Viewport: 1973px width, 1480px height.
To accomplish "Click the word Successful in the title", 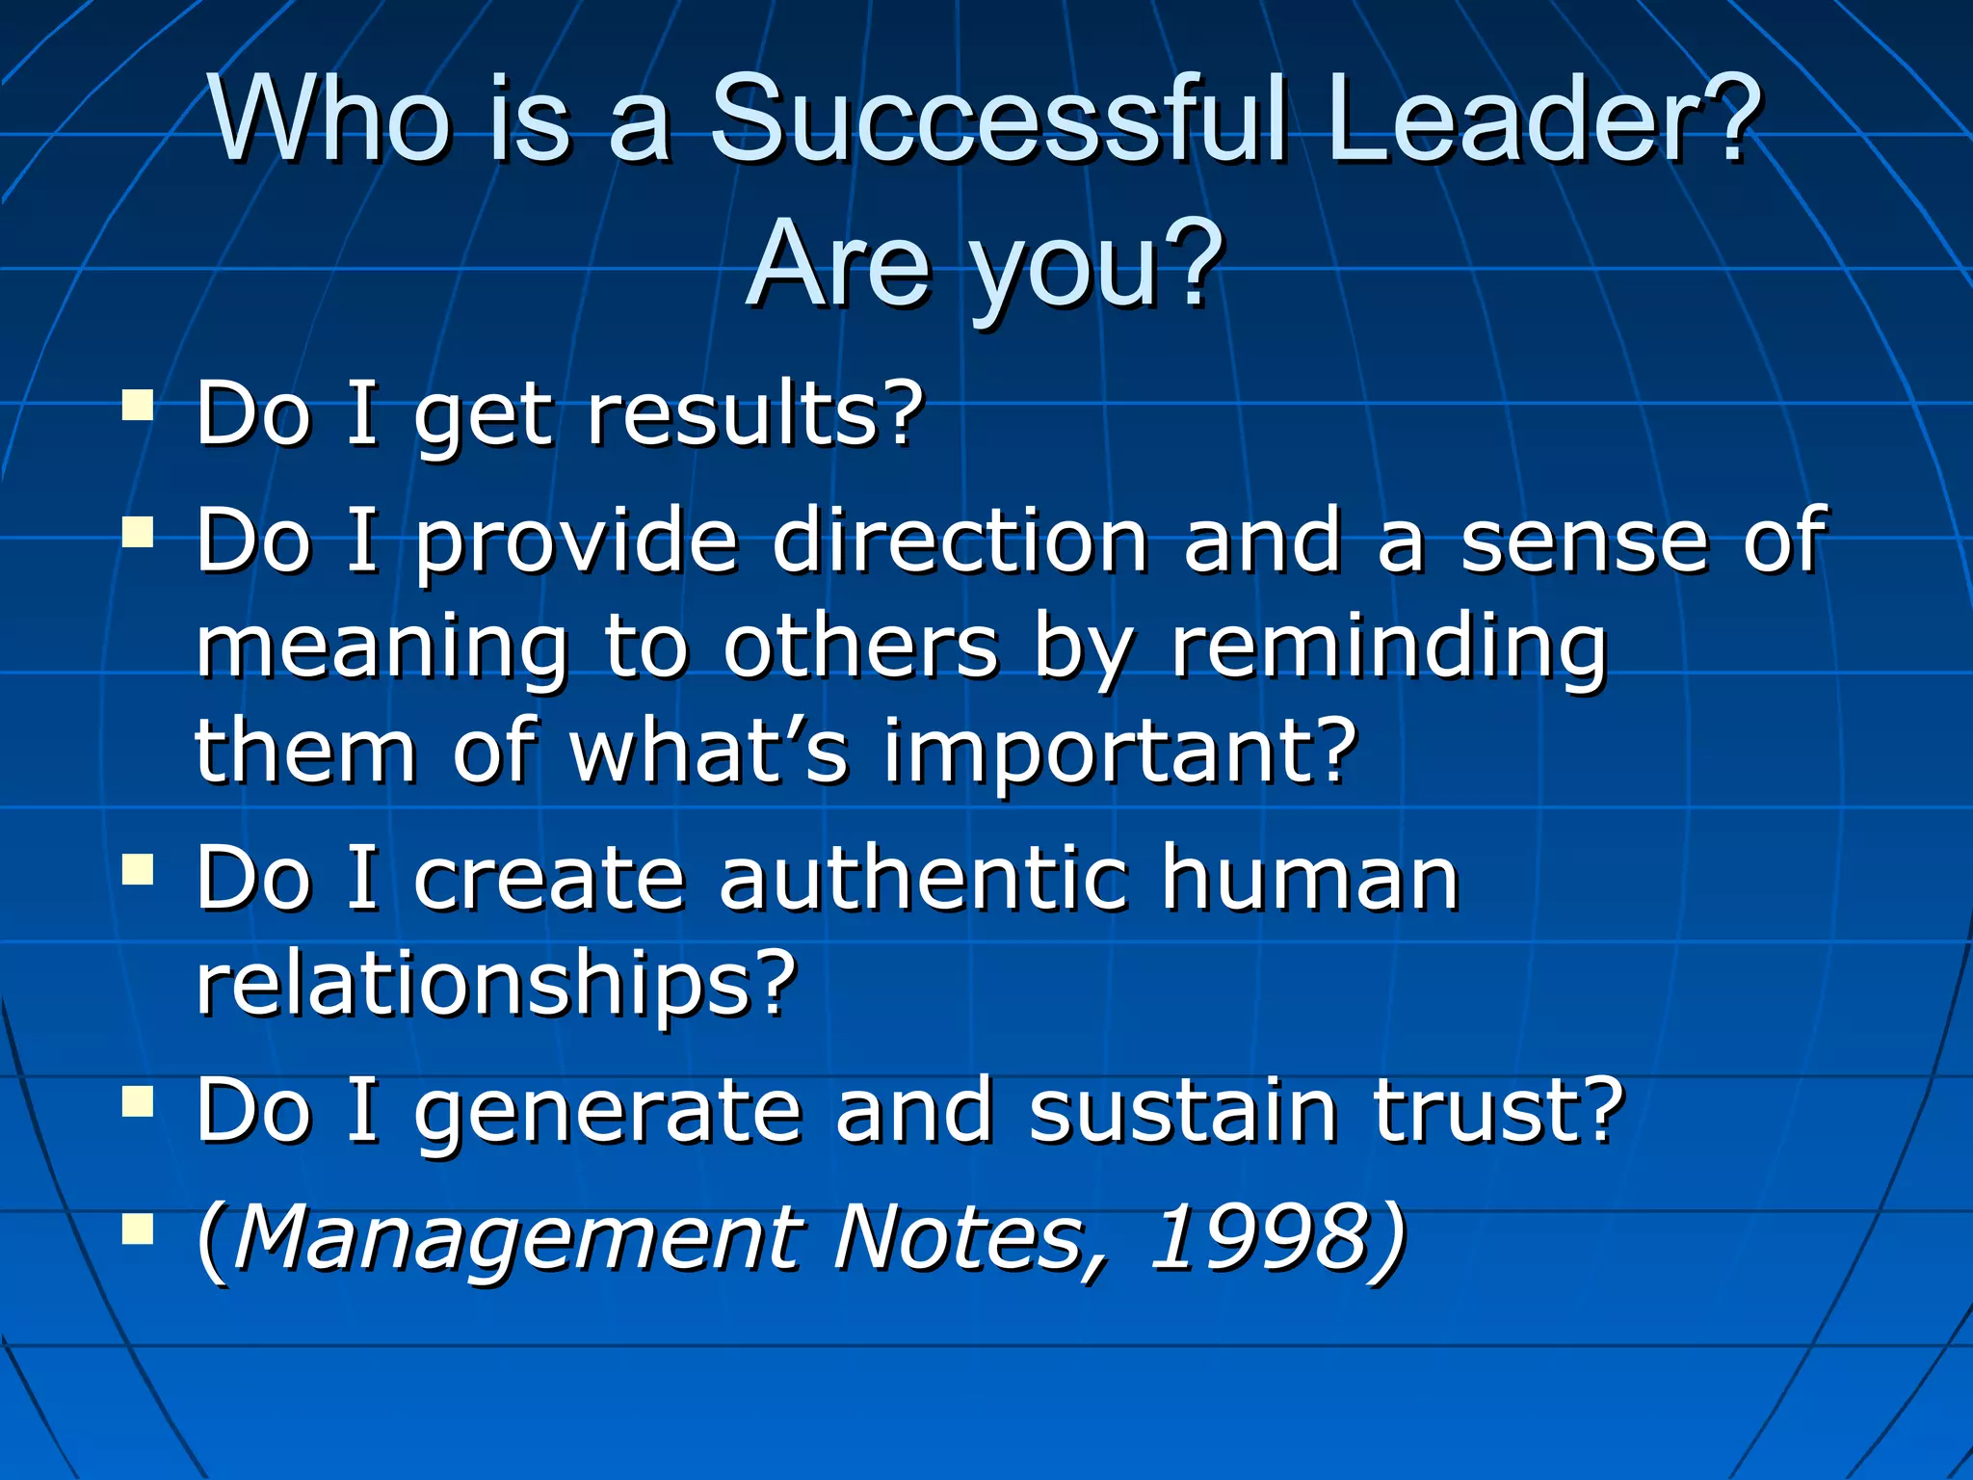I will (998, 119).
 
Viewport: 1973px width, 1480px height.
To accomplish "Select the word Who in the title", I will (330, 119).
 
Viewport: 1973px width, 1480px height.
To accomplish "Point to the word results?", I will (754, 414).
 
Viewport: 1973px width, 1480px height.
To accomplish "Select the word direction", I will (960, 540).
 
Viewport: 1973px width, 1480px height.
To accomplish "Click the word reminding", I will (1389, 647).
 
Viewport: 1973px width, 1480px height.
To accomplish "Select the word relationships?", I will (497, 985).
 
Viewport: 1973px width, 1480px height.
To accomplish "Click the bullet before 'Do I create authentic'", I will (139, 869).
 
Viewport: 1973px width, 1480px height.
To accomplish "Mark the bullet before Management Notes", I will (139, 1229).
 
